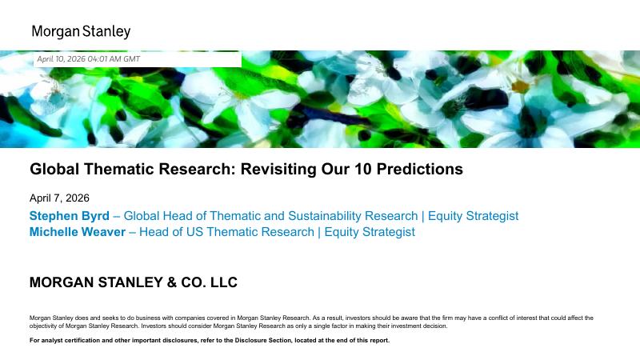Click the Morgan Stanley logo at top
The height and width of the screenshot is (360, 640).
click(x=81, y=31)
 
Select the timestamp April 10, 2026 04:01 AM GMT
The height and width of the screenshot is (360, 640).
click(x=89, y=59)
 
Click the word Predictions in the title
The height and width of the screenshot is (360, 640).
click(x=419, y=169)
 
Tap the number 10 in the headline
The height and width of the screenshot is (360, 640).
click(x=362, y=169)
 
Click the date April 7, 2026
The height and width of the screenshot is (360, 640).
click(x=59, y=198)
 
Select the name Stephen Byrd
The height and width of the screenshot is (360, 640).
click(x=70, y=216)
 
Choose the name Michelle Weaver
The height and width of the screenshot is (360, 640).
click(x=77, y=232)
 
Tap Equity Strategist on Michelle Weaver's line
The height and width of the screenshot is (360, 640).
click(x=370, y=232)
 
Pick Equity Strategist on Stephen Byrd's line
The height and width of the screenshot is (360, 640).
click(x=473, y=216)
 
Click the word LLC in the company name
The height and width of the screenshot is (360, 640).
click(x=224, y=282)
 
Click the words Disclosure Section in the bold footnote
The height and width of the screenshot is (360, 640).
click(x=263, y=341)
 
